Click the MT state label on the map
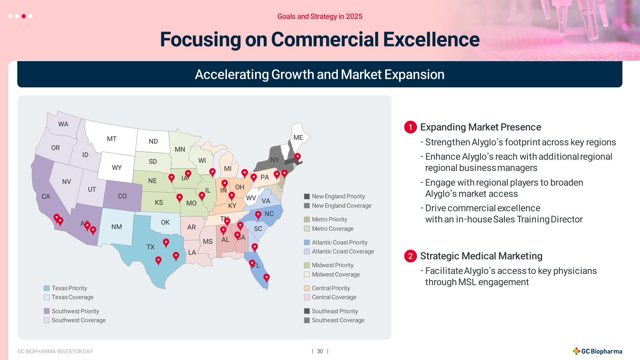tap(112, 139)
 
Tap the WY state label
tap(117, 168)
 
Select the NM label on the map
tap(116, 227)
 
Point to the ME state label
tap(298, 138)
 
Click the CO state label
tap(122, 196)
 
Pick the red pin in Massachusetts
tap(298, 157)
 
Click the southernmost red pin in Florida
tap(267, 278)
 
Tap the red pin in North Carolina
tap(258, 215)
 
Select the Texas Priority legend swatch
tap(47, 288)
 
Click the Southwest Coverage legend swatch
tap(47, 320)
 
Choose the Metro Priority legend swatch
tap(307, 220)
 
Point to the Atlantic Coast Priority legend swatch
tap(307, 243)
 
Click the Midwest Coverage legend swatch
tap(307, 275)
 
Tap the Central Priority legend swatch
tap(307, 288)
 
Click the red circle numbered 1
tap(411, 127)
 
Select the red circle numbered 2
tap(411, 256)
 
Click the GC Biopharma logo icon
tap(576, 351)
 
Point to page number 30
tap(320, 351)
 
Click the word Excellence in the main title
tap(431, 39)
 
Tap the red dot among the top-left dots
tap(24, 16)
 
